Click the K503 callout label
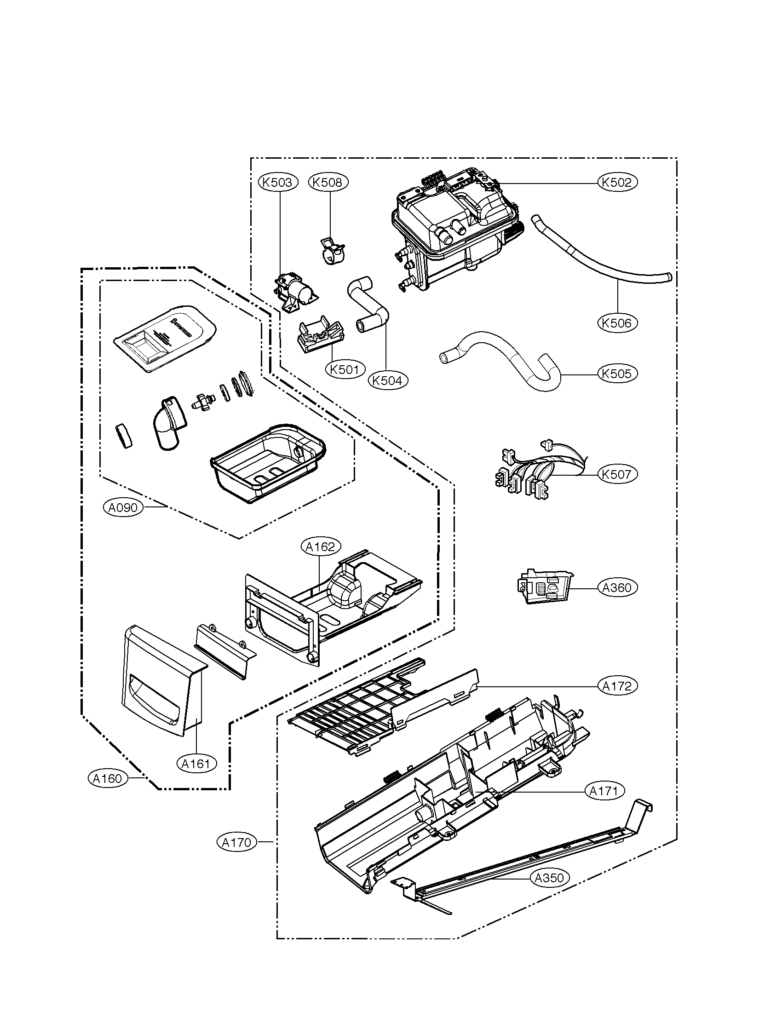pos(277,182)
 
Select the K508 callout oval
pos(328,182)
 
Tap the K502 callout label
pos(617,183)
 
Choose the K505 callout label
pos(617,373)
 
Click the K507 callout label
pos(617,474)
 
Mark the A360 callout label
pos(617,587)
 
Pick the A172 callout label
pos(617,686)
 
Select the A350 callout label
pos(549,878)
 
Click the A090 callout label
pos(123,508)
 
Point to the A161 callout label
pos(196,763)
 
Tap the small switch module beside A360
pos(544,587)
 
